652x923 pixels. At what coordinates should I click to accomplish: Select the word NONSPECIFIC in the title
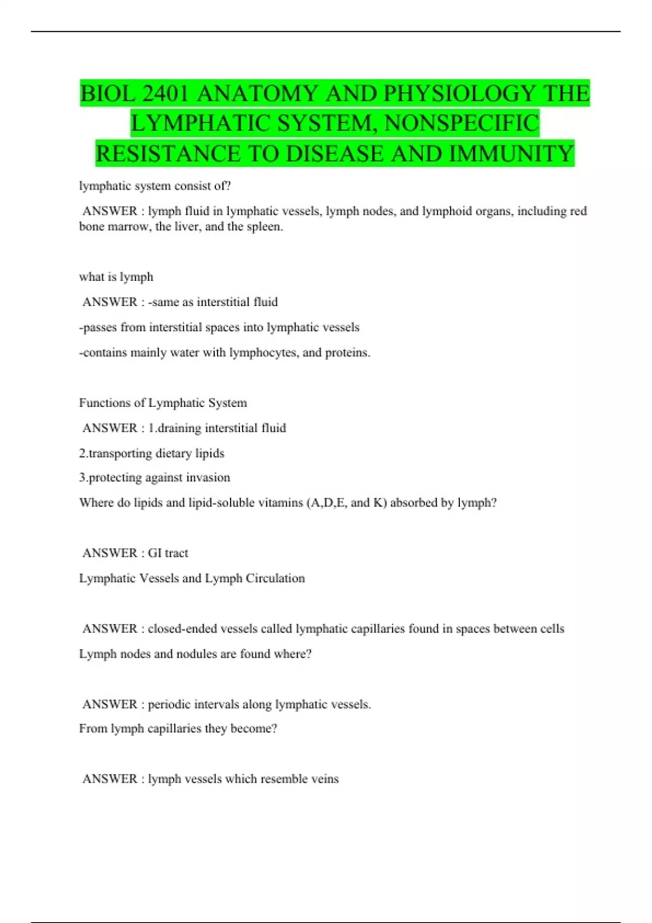tap(462, 123)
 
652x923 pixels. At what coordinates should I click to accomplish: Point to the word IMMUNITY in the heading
tap(511, 154)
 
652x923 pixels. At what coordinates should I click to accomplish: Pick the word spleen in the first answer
tap(264, 226)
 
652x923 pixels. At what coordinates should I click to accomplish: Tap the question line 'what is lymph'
tap(116, 277)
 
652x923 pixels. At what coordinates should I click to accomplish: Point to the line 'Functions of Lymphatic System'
tap(163, 403)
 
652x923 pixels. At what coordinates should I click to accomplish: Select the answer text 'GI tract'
tap(168, 553)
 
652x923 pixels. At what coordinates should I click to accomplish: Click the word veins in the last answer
tap(325, 779)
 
